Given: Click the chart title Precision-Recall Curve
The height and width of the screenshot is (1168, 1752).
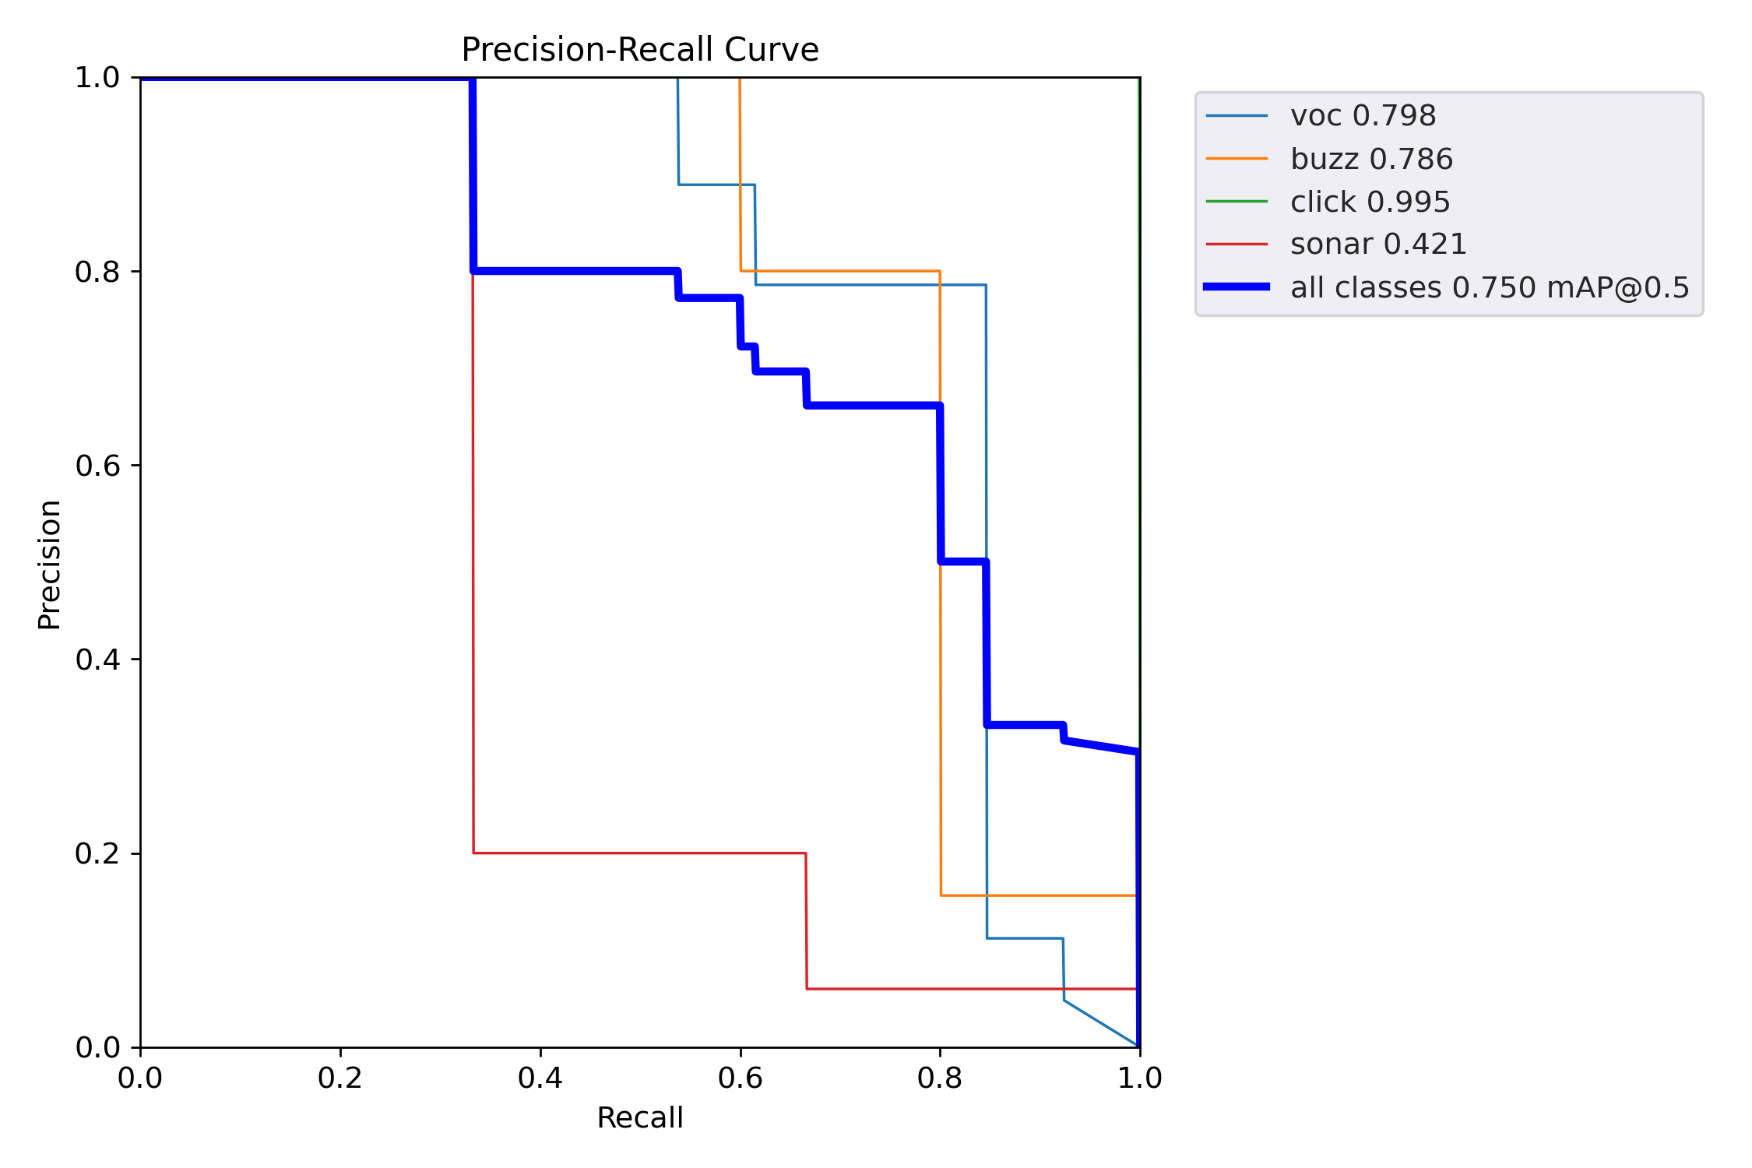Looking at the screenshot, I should [639, 50].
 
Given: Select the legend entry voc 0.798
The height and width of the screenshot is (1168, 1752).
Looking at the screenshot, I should [1363, 116].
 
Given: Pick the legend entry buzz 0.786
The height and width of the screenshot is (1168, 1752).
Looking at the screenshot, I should [1371, 159].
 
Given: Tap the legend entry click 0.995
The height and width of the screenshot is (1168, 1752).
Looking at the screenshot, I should [1370, 202].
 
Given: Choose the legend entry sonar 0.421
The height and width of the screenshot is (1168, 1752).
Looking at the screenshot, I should [1378, 245].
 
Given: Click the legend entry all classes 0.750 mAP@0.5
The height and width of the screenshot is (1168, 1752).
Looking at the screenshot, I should [1490, 287].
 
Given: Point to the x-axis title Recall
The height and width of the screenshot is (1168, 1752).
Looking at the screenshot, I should [639, 1117].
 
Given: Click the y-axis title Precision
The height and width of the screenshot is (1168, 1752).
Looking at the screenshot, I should [50, 565].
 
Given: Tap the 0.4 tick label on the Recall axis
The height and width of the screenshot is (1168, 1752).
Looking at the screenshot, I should [540, 1078].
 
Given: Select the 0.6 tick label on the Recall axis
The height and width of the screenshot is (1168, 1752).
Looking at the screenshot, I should [741, 1078].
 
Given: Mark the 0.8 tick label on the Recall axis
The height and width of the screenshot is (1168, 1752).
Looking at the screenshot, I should [940, 1078].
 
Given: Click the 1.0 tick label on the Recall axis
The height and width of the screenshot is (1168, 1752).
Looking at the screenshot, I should [1140, 1078].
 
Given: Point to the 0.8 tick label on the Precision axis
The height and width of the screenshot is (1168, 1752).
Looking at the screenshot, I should [97, 272].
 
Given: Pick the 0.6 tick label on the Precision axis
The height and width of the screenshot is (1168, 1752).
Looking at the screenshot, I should [97, 466].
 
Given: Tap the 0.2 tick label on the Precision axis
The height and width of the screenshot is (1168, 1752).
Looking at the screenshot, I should [97, 853].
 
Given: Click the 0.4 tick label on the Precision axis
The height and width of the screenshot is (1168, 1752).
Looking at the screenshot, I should [97, 660].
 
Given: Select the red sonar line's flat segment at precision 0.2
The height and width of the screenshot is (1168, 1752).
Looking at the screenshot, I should [639, 853].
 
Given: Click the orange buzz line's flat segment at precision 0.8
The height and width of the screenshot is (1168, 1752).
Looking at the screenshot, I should [841, 271].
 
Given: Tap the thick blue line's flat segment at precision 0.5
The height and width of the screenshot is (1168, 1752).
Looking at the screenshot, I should [964, 561].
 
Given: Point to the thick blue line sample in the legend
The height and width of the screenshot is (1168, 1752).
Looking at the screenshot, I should [1237, 287].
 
